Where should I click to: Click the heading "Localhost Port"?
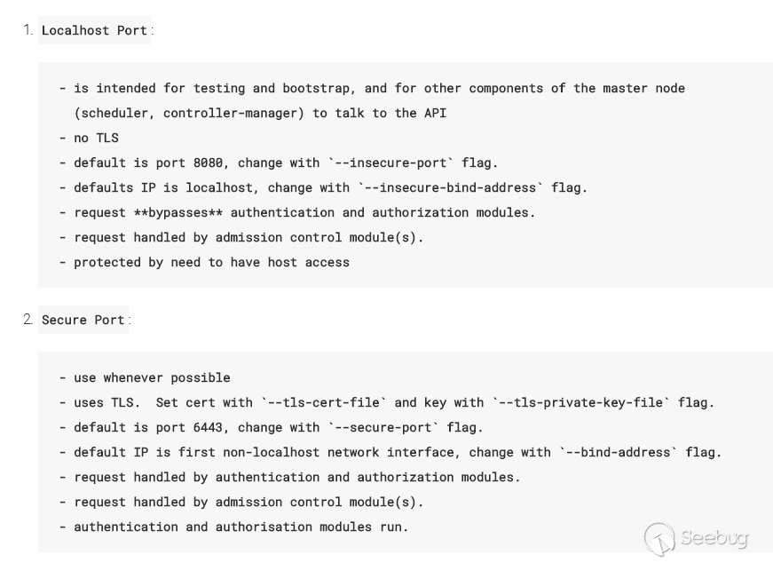tap(94, 30)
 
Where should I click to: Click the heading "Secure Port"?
tap(83, 320)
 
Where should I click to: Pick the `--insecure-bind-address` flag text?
tap(451, 187)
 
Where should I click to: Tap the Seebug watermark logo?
tap(696, 538)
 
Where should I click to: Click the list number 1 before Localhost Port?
tap(28, 30)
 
